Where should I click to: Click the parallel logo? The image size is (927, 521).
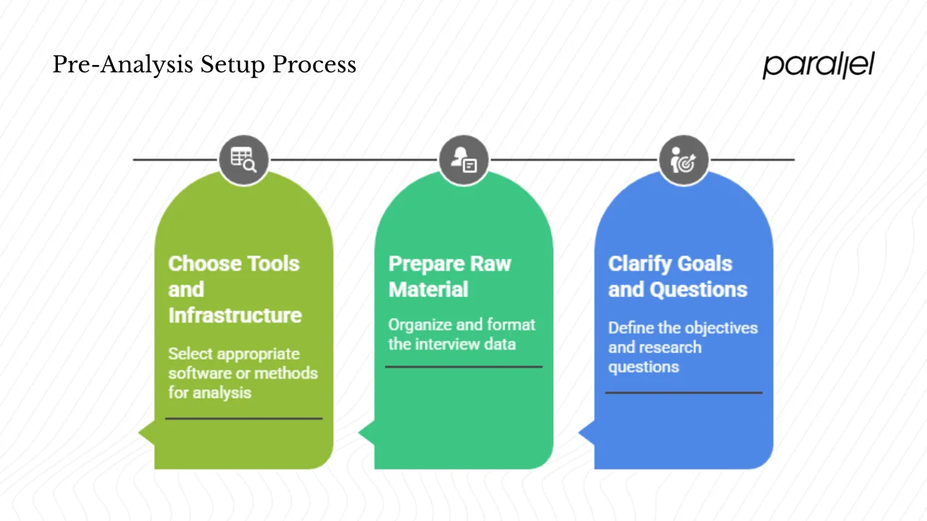pyautogui.click(x=818, y=65)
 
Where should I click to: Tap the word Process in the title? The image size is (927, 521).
pyautogui.click(x=314, y=65)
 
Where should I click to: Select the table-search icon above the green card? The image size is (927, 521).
pyautogui.click(x=243, y=160)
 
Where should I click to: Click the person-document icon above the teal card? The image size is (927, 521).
pyautogui.click(x=463, y=160)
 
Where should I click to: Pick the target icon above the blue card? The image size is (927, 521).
pyautogui.click(x=683, y=160)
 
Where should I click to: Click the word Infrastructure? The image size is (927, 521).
pyautogui.click(x=235, y=315)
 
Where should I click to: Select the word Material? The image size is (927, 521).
pyautogui.click(x=428, y=289)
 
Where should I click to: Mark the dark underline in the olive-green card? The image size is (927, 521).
pyautogui.click(x=243, y=418)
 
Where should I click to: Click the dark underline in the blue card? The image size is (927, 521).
pyautogui.click(x=683, y=392)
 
